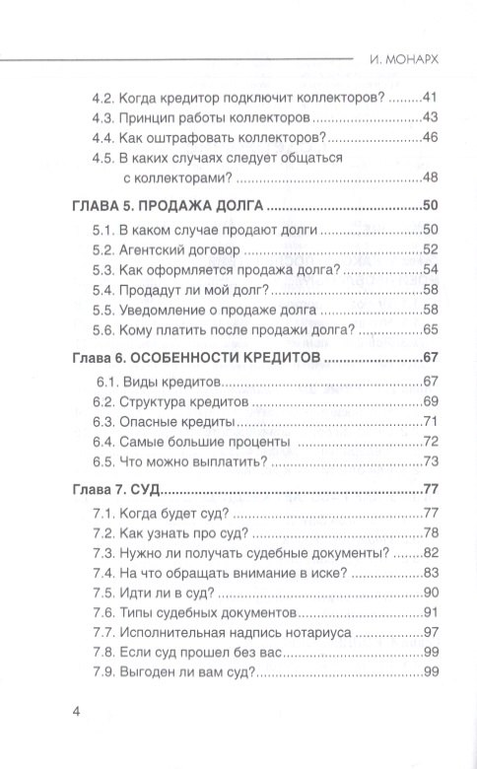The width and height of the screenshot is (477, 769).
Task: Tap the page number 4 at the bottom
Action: (x=77, y=712)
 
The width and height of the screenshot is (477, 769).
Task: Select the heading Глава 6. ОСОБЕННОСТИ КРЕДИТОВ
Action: (x=198, y=356)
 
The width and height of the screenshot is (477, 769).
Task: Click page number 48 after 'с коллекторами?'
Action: (x=429, y=177)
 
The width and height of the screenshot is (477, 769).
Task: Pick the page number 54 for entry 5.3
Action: (x=429, y=269)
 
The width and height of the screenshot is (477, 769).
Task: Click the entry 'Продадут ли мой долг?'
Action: (x=193, y=290)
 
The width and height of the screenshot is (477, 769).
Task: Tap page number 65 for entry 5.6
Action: (x=429, y=330)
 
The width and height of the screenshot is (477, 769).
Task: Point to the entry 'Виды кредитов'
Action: (x=170, y=381)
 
